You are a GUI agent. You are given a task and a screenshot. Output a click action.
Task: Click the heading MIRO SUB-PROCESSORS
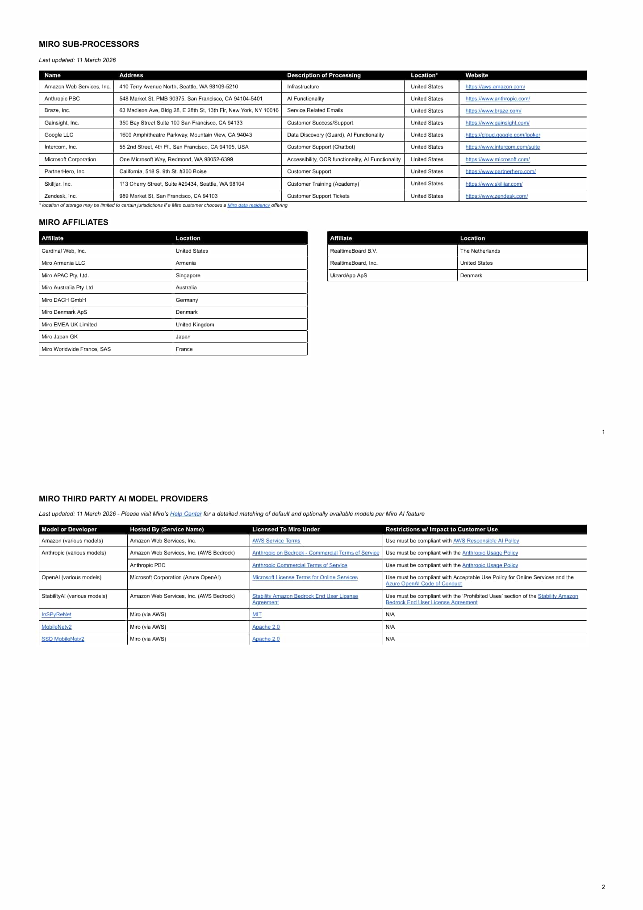tap(89, 44)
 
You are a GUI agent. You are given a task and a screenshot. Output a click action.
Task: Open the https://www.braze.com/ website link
tap(493, 111)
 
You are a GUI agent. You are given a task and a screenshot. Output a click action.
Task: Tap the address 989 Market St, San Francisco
tap(168, 196)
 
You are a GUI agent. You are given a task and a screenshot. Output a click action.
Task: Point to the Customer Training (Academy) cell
tap(323, 184)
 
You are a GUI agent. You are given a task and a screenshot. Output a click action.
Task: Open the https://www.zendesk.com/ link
tap(497, 196)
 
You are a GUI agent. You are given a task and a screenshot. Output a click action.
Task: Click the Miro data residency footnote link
tap(248, 205)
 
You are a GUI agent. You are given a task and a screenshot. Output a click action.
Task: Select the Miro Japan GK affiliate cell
tap(60, 337)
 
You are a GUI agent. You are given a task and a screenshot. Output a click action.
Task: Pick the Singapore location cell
tap(188, 276)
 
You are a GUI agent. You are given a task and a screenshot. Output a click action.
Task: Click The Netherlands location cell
tap(480, 251)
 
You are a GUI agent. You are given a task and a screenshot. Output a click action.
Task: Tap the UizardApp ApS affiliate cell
tap(348, 276)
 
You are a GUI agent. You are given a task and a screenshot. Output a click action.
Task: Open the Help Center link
tap(186, 514)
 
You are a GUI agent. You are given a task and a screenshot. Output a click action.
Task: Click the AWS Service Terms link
tap(276, 541)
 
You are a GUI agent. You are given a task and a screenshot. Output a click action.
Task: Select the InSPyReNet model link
tap(56, 614)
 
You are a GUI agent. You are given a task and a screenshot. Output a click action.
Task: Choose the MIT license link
tap(257, 614)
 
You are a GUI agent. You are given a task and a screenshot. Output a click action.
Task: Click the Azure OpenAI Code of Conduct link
tap(423, 584)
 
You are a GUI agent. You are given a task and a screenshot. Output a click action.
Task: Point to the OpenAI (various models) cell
tap(71, 577)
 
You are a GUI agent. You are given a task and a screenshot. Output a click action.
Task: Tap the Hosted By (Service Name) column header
tap(167, 530)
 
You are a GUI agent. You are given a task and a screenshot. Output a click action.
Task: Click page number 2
tap(603, 887)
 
